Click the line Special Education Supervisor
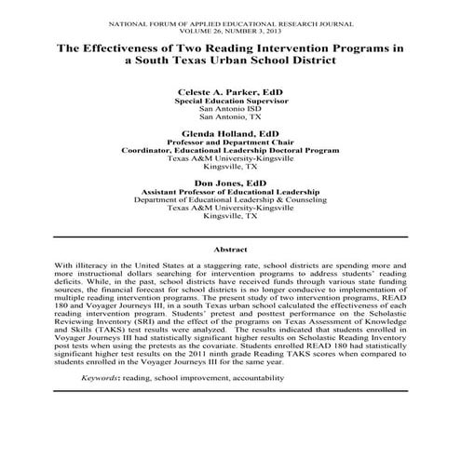(230, 103)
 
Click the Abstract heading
(230, 250)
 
